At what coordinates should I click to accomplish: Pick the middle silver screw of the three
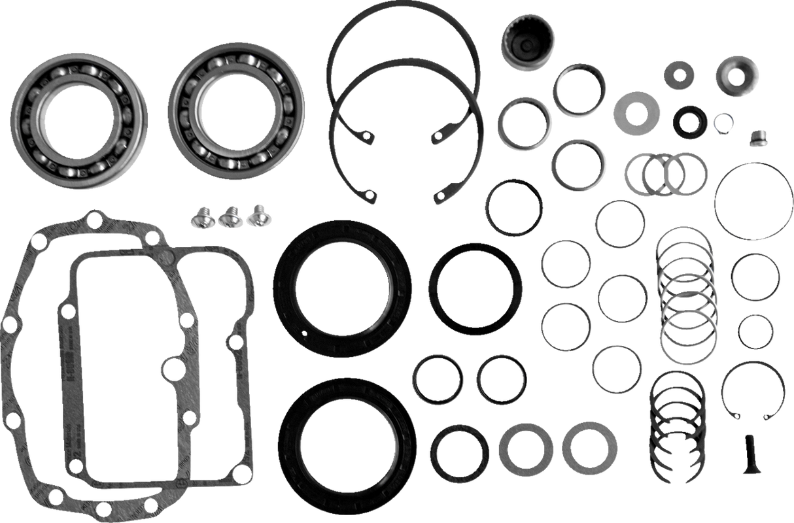click(x=230, y=216)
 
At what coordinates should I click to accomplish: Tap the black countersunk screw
click(x=748, y=453)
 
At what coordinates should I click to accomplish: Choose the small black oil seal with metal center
click(x=689, y=122)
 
